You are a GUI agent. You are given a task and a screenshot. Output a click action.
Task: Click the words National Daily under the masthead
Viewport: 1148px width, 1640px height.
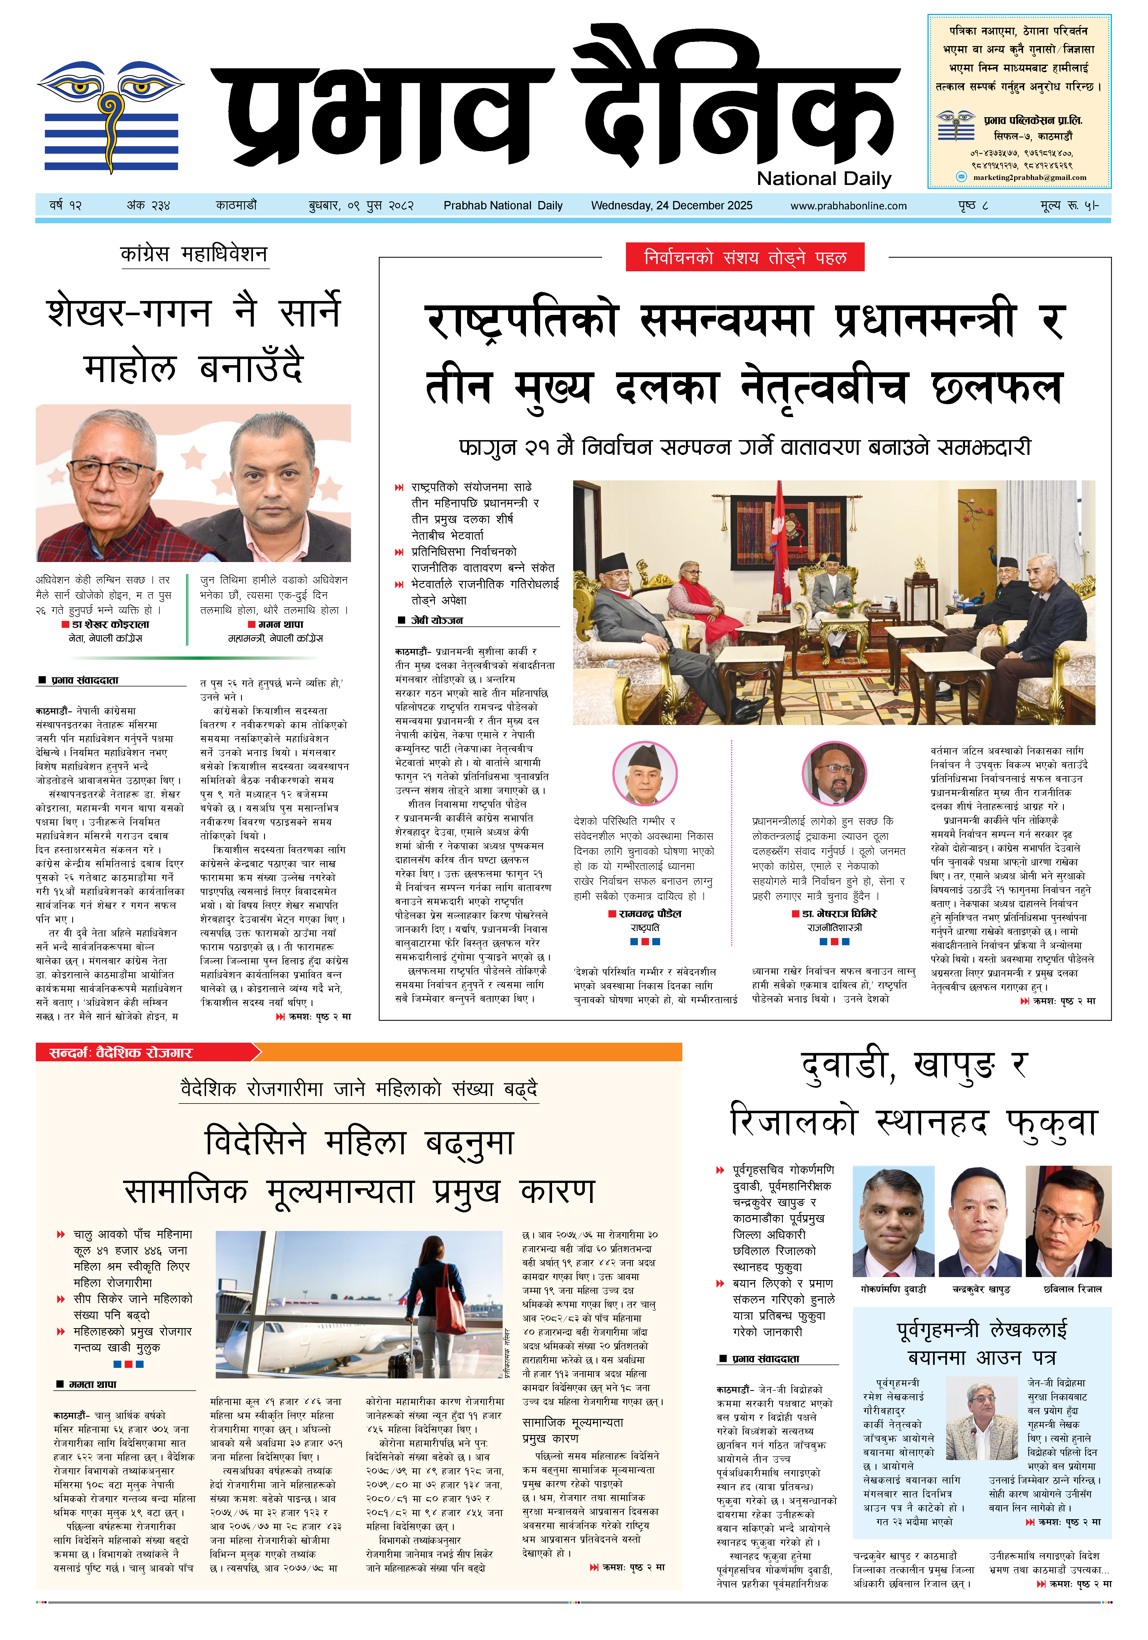824,179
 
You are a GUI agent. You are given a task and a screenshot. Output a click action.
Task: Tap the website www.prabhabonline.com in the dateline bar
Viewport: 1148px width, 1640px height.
848,206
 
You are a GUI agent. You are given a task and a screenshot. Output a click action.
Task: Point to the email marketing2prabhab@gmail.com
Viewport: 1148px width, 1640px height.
1029,177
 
